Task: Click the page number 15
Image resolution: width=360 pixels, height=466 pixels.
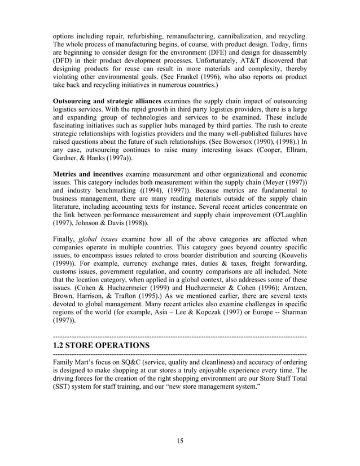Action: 180,441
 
